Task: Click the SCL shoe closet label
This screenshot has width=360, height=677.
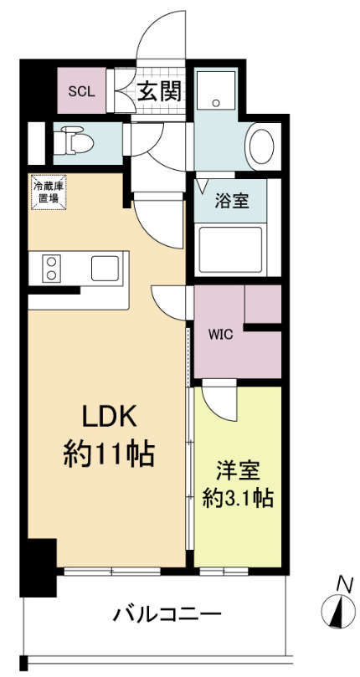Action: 81,91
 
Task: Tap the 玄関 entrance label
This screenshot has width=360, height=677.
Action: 159,91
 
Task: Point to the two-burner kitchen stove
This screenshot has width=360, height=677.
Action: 51,269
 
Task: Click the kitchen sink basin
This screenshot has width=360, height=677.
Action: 106,269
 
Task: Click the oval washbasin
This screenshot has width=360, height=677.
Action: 262,147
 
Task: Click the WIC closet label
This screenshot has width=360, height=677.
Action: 220,333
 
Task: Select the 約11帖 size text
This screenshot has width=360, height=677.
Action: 108,454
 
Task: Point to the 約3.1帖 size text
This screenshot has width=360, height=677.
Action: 239,497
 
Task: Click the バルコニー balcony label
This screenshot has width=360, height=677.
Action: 167,615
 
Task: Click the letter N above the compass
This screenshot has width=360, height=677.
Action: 342,583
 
